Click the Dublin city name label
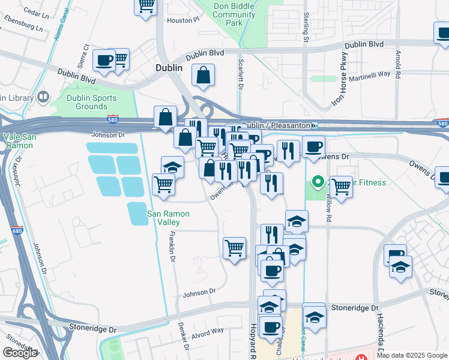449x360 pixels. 169,68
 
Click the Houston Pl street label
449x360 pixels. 182,20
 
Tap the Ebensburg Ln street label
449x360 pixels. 25,27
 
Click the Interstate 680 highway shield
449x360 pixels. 16,230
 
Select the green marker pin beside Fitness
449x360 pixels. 318,181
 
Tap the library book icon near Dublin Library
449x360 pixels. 43,97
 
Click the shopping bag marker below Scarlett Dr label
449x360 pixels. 203,76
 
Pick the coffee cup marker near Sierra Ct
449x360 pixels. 104,61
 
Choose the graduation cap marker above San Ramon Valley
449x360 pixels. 172,167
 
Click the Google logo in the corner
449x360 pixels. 20,353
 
